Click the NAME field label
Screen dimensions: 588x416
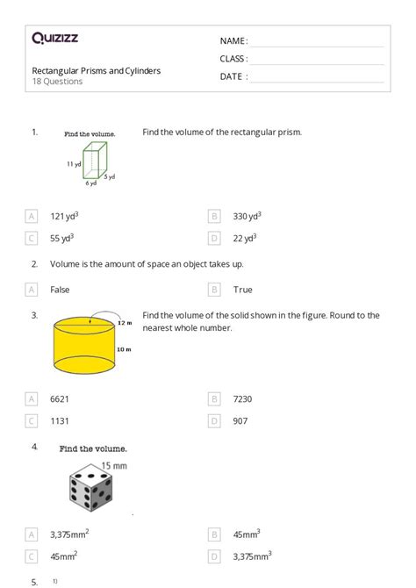[x=233, y=41]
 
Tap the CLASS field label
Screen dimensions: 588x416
[x=233, y=59]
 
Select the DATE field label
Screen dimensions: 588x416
[x=233, y=76]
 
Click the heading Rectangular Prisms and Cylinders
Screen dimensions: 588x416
[x=97, y=71]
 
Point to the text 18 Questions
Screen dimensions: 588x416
[x=58, y=82]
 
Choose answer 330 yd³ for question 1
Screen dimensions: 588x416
[x=247, y=216]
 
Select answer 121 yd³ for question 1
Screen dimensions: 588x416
[x=65, y=216]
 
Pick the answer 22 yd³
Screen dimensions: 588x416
[x=244, y=238]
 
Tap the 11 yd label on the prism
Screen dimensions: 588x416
[x=74, y=163]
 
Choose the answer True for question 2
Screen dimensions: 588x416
[x=242, y=289]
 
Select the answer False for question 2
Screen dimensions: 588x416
[x=60, y=289]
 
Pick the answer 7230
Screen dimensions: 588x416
[x=243, y=398]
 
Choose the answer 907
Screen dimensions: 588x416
[x=240, y=420]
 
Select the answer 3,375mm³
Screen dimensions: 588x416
[x=252, y=555]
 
